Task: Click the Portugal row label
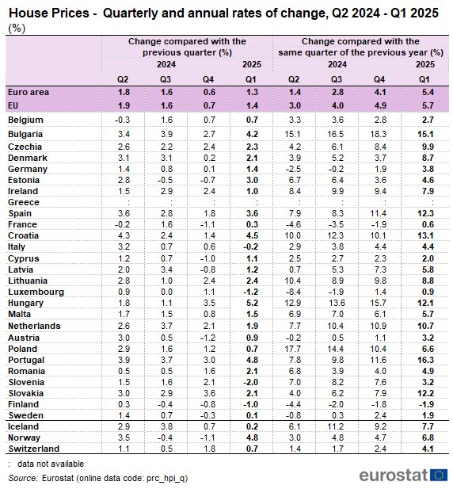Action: pyautogui.click(x=26, y=360)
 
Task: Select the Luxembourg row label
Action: pyautogui.click(x=36, y=292)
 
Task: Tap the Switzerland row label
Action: pyautogui.click(x=33, y=449)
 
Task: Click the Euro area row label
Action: pyautogui.click(x=29, y=92)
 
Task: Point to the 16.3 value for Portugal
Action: pyautogui.click(x=425, y=360)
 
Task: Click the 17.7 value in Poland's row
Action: pyautogui.click(x=292, y=349)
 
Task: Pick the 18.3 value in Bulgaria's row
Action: pyautogui.click(x=379, y=134)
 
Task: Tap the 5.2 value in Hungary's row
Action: pyautogui.click(x=252, y=303)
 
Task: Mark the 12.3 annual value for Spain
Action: pyautogui.click(x=425, y=213)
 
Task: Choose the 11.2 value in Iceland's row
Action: pyautogui.click(x=335, y=426)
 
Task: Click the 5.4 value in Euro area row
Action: pyautogui.click(x=428, y=92)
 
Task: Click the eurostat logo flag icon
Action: pyautogui.click(x=439, y=475)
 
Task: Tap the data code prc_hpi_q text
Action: pyautogui.click(x=166, y=479)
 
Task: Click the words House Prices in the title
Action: pyautogui.click(x=49, y=13)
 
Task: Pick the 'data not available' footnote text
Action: pyautogui.click(x=51, y=464)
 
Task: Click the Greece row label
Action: pyautogui.click(x=24, y=202)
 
